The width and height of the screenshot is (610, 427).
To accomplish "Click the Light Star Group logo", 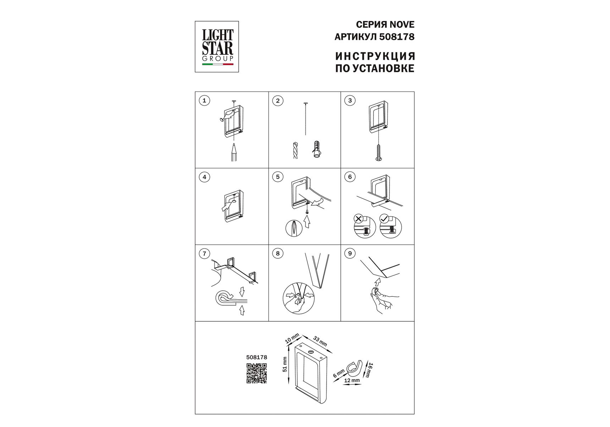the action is point(217,47).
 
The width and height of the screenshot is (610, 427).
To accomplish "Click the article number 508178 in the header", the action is point(397,37).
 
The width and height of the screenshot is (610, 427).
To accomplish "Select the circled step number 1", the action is point(204,101).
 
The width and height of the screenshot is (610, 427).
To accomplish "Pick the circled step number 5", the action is point(277,177).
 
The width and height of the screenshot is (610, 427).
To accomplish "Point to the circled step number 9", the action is point(350,253).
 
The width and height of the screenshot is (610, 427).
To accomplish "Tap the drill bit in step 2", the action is point(295,150).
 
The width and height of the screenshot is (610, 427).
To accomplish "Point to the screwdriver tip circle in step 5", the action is point(294,228).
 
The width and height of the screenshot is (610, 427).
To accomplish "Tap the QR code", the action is point(256,373).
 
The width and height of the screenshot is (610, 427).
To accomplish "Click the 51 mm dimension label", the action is point(285,365).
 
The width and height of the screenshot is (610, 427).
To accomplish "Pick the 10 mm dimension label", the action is point(292,338).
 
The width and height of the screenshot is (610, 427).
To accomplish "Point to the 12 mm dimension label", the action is point(352,381).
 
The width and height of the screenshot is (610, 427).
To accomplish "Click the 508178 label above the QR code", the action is point(256,357).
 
